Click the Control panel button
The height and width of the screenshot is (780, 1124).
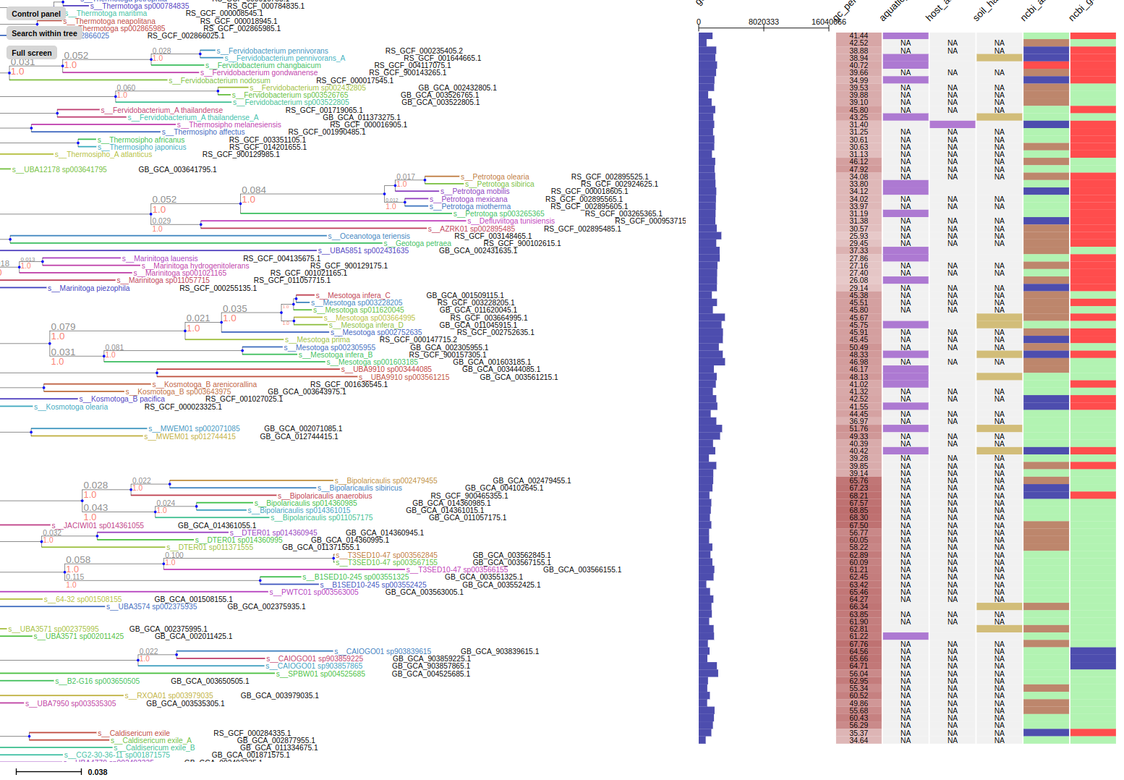tap(36, 14)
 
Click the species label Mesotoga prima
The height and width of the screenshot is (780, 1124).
tap(323, 339)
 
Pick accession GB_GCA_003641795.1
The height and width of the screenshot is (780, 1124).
tap(177, 169)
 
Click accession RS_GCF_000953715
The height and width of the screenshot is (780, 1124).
tap(650, 221)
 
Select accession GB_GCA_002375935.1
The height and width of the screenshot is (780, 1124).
tap(266, 606)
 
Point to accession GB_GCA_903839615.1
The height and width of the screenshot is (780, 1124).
tap(499, 651)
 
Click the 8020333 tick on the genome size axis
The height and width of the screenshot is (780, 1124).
tap(764, 22)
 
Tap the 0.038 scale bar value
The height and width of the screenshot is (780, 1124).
tap(98, 772)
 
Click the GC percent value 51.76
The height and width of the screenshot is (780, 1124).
tap(859, 428)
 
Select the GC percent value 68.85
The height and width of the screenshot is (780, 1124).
tap(859, 510)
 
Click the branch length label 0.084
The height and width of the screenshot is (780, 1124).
tap(254, 190)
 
